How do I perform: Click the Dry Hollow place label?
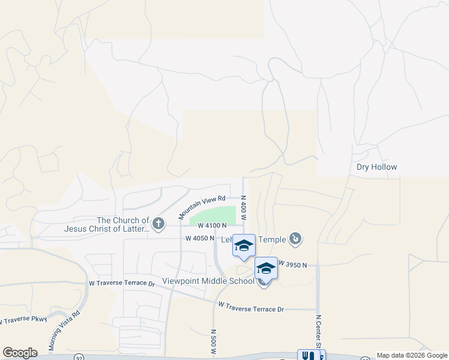coord(377,167)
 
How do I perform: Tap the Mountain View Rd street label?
coord(201,205)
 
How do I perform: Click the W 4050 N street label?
coord(200,238)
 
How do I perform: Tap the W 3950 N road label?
coord(292,265)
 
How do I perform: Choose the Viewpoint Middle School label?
coord(208,281)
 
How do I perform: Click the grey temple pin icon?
coord(295,240)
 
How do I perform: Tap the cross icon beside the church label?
coord(158,224)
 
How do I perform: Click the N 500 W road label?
coord(213,342)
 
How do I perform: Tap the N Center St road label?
coord(319,330)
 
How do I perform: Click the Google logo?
coord(20,353)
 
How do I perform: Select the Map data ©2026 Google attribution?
coord(412,355)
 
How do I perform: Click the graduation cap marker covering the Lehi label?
coord(244,245)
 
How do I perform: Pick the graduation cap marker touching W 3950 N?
coord(266,268)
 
